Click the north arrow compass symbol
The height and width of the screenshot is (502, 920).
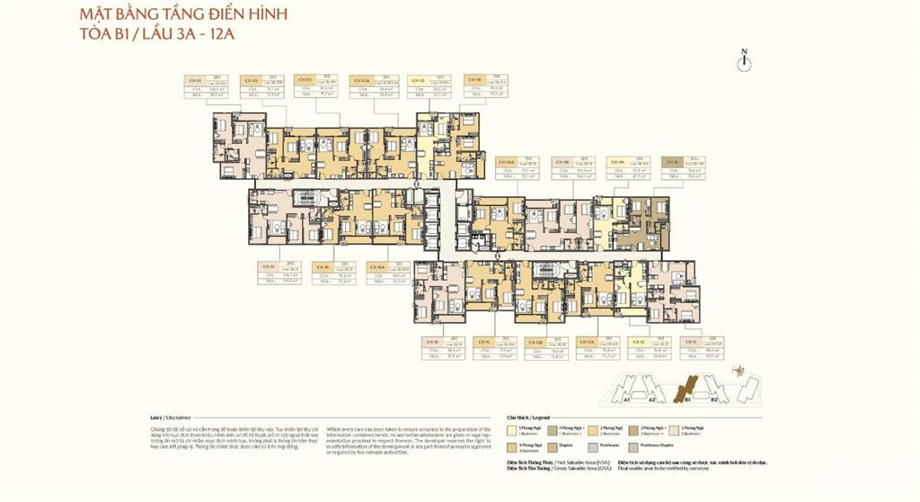(x=744, y=59)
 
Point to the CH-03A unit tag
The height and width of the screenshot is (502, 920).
(x=360, y=81)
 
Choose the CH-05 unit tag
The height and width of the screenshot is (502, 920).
(x=416, y=81)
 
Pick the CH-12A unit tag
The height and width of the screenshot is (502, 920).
(x=588, y=342)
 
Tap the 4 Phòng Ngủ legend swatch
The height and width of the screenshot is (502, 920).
(x=511, y=445)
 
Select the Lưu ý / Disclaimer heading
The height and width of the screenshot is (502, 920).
(x=172, y=418)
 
